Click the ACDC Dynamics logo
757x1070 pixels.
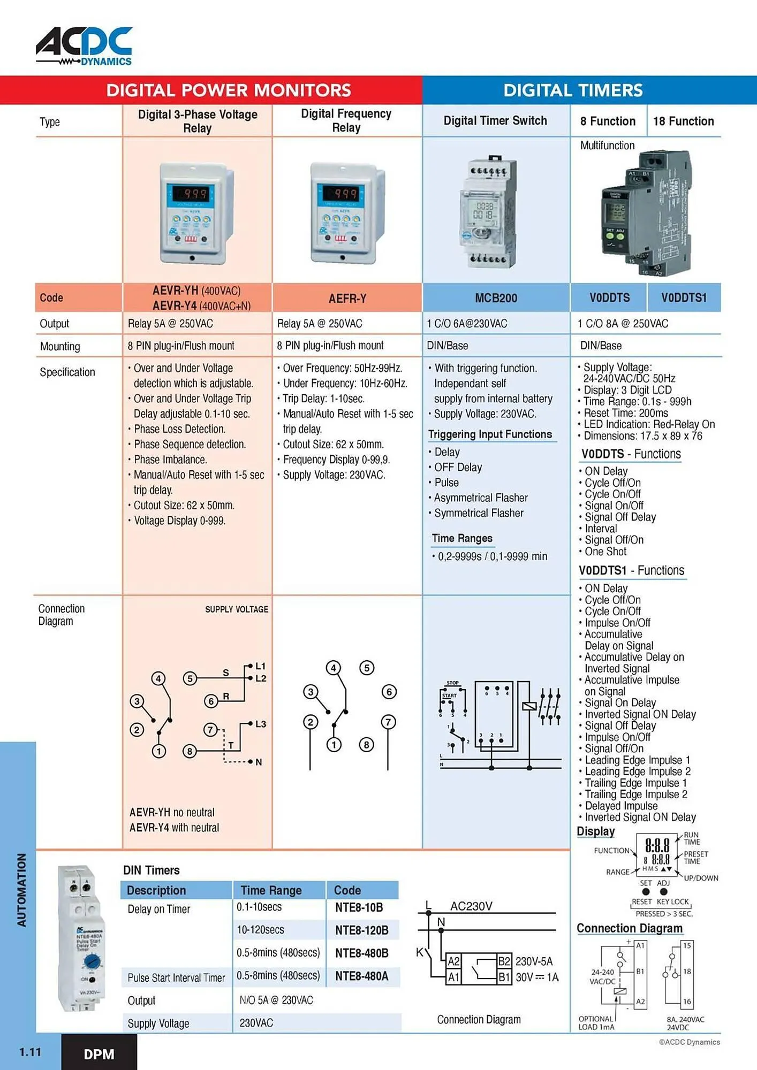(x=84, y=46)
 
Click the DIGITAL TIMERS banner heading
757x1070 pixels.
(x=572, y=90)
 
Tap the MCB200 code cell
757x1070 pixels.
(x=496, y=298)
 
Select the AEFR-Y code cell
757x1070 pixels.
(x=347, y=298)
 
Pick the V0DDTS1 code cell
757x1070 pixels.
(x=683, y=297)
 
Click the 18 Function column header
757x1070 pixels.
(x=683, y=121)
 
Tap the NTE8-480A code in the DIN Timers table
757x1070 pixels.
(x=361, y=976)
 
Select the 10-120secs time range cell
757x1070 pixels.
(x=260, y=930)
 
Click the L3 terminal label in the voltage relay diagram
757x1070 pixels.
(x=260, y=724)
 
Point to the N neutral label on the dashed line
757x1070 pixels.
(x=259, y=762)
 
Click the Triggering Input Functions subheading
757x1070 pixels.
(x=489, y=434)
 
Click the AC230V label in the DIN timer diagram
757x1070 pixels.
(x=471, y=906)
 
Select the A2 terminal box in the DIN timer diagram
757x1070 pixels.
(x=453, y=961)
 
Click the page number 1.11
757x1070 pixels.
(x=30, y=1052)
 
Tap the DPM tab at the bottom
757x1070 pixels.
(x=99, y=1054)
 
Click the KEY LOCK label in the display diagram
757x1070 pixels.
(x=672, y=901)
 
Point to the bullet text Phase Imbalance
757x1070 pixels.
(x=170, y=459)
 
